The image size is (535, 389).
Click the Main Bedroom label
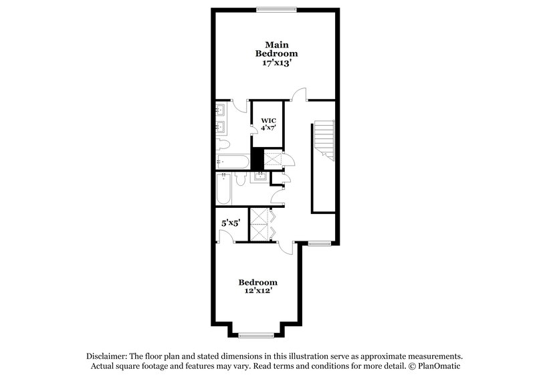point(276,48)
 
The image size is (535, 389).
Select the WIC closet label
point(267,121)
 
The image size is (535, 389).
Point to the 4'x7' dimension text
point(267,129)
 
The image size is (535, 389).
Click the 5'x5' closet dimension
point(231,225)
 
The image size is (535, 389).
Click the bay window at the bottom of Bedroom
point(257,336)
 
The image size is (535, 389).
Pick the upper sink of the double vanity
point(221,110)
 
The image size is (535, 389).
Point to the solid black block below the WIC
point(256,160)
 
